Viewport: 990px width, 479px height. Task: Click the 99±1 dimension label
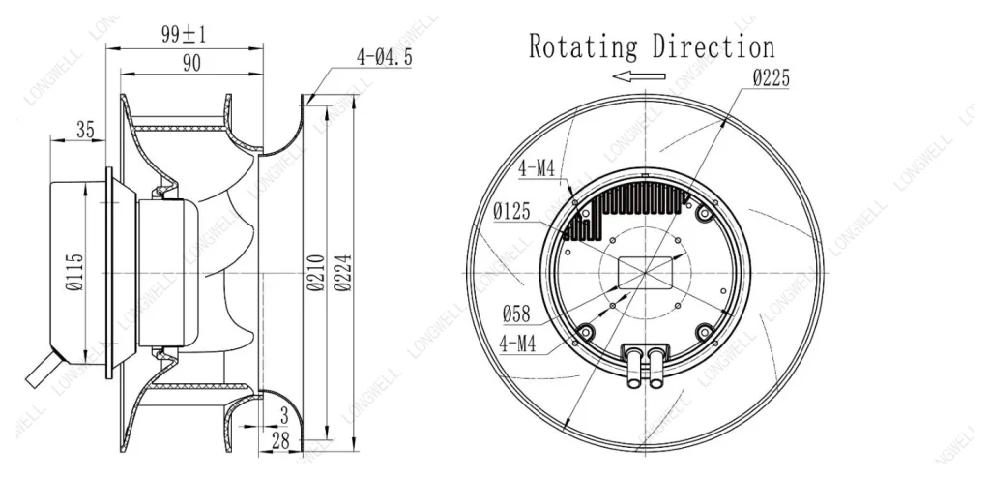coord(183,34)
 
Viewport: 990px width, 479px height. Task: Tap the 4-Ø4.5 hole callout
coord(384,57)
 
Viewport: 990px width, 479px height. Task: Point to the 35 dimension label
coord(85,131)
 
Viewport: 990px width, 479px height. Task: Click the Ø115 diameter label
coord(74,272)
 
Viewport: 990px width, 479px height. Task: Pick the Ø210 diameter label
coord(316,272)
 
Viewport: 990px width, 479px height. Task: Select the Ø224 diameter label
coord(343,272)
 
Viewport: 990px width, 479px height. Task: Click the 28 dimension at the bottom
coord(280,441)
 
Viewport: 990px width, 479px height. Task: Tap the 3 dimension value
coord(284,416)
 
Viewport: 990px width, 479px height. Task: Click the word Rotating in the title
coord(583,46)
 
